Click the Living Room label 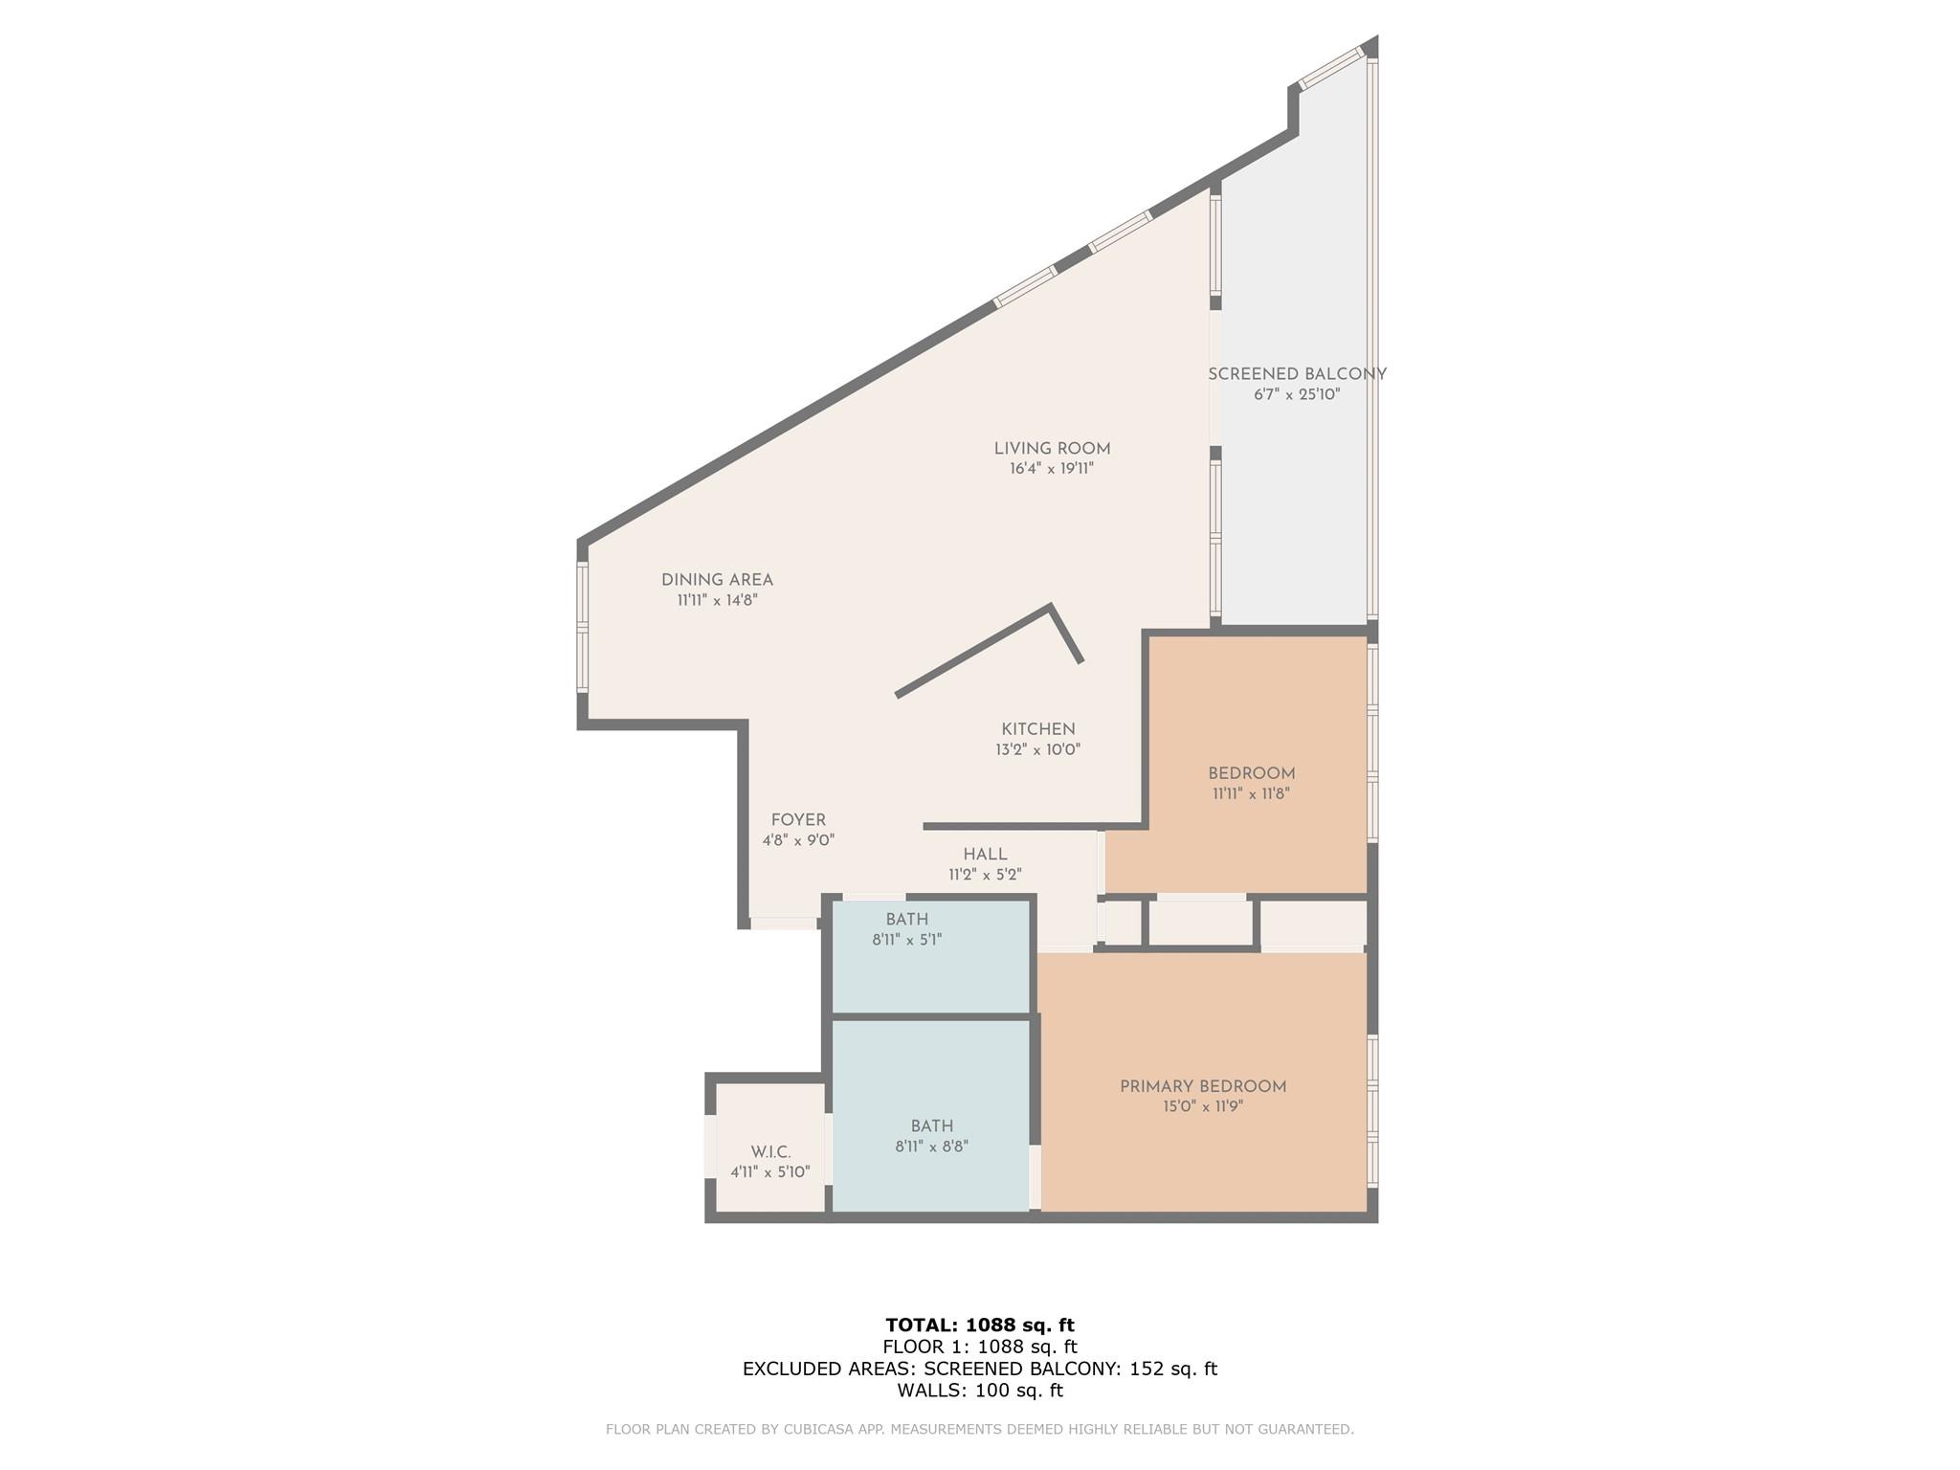tap(1052, 448)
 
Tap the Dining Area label tap(717, 580)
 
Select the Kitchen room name tap(1038, 729)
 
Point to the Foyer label tap(798, 820)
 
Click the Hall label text tap(985, 855)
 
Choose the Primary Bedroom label tap(1203, 1086)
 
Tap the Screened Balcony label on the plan tap(1297, 374)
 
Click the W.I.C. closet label tap(770, 1152)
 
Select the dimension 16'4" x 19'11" tap(1052, 469)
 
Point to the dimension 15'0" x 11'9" tap(1203, 1107)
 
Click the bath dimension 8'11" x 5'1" tap(907, 940)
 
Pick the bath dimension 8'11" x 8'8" tap(932, 1147)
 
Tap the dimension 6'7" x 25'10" tap(1297, 394)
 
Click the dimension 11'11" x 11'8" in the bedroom tap(1252, 793)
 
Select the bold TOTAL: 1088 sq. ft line tap(980, 1325)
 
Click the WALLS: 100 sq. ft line tap(980, 1391)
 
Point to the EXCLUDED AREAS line tap(980, 1369)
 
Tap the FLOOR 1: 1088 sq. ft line tap(980, 1347)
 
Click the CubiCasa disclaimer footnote tap(980, 1430)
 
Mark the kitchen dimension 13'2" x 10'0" tap(1038, 750)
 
